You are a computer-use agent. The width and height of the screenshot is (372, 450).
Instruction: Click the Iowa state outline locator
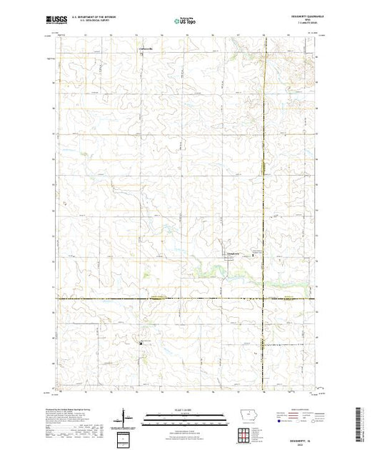click(245, 418)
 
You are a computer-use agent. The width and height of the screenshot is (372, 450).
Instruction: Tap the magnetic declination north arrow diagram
click(122, 415)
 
